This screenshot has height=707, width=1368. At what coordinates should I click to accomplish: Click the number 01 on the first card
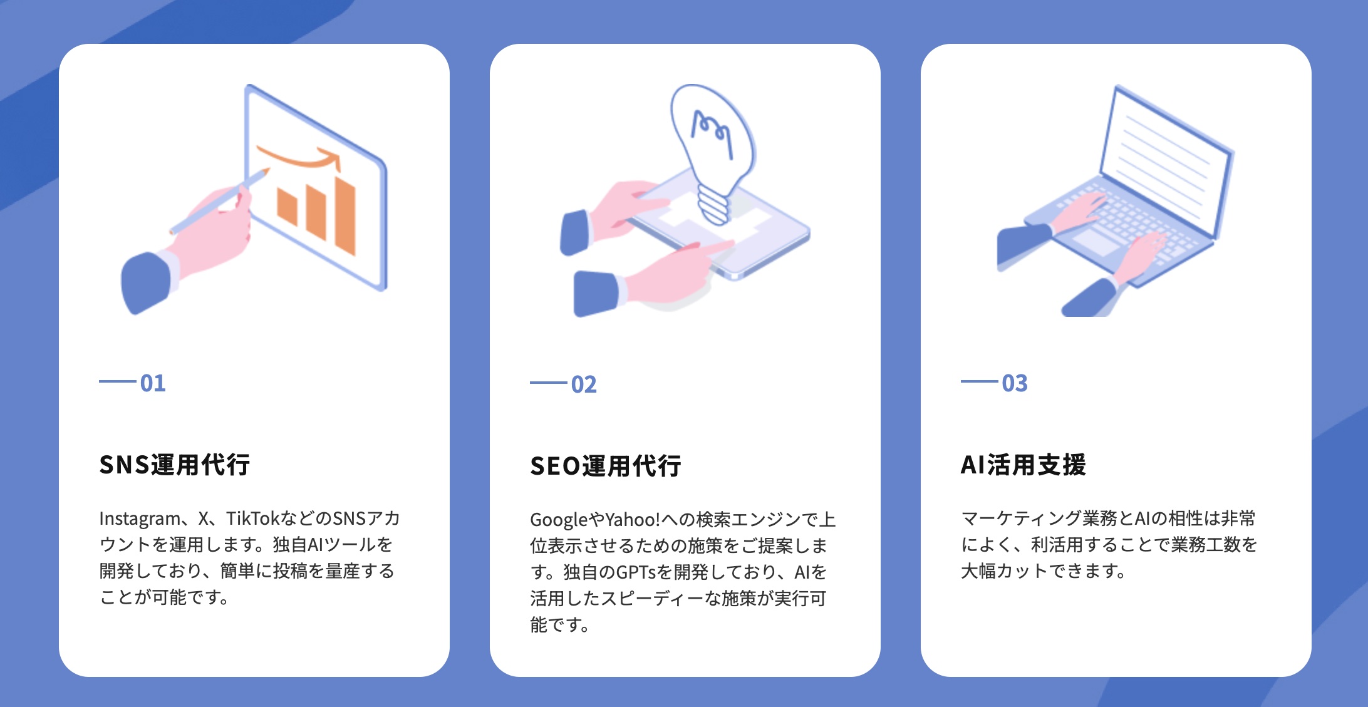(x=153, y=383)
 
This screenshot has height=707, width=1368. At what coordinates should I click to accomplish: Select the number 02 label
(x=584, y=384)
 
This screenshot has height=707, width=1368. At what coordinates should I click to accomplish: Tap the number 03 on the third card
(x=1015, y=383)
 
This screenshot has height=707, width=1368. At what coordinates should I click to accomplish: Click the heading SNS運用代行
(x=175, y=465)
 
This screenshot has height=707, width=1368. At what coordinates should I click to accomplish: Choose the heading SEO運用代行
(x=606, y=466)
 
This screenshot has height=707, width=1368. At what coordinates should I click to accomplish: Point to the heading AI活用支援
(x=1023, y=465)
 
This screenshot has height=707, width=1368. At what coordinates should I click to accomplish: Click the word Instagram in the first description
(x=140, y=519)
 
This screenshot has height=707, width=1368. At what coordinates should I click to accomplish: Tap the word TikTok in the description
(x=252, y=519)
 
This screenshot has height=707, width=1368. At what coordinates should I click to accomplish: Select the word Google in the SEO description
(x=559, y=520)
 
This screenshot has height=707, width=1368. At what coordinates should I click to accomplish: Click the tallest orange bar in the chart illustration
(x=345, y=215)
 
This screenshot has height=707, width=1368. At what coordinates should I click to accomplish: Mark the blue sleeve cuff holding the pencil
(x=147, y=282)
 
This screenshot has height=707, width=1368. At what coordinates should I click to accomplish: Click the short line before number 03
(x=980, y=381)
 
